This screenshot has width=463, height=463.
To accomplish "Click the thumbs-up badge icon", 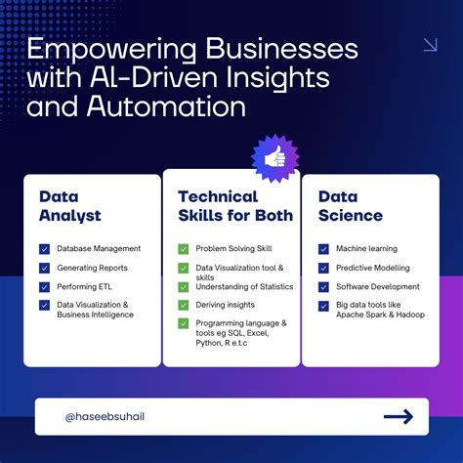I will point(274,158).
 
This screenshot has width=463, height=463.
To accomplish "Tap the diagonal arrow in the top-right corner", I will point(429,45).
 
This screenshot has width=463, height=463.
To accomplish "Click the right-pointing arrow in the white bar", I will point(399,417).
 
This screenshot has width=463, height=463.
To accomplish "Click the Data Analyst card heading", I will point(70,205).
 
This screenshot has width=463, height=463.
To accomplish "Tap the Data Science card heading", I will point(351,205).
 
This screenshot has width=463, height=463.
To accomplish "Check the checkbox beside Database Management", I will point(44,249).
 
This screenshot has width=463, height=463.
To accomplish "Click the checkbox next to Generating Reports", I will point(44,268).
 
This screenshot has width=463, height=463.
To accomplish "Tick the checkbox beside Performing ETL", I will point(44,287).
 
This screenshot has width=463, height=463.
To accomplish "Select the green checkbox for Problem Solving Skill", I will point(183,249).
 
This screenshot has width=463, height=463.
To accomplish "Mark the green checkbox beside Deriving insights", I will point(183,305).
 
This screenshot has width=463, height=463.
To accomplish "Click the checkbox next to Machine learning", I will point(323,249).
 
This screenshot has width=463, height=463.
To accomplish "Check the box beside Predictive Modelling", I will point(323,268).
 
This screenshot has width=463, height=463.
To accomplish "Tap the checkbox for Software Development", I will point(323,287).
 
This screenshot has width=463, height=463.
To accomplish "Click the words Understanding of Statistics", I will point(244,286).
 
